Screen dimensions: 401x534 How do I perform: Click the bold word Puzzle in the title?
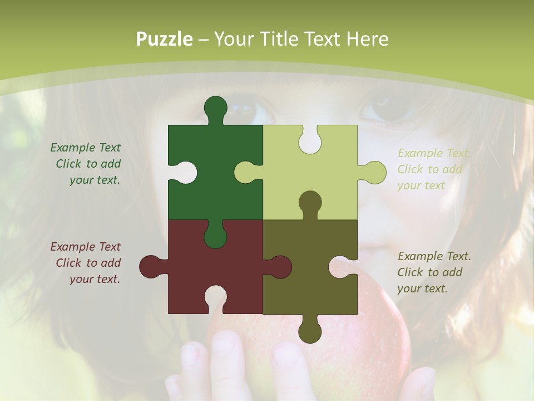point(165,39)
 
